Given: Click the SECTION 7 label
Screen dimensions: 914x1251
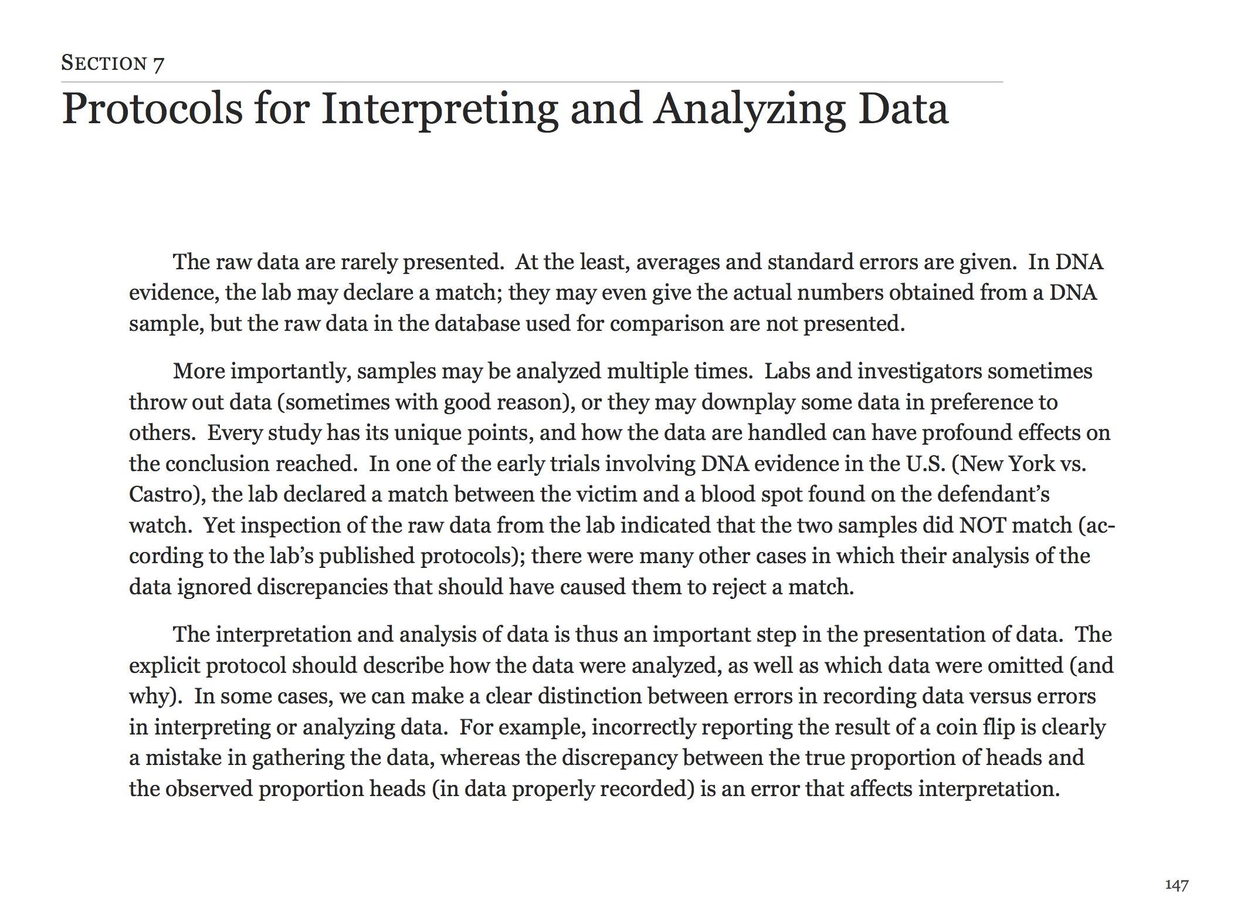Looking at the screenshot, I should point(113,63).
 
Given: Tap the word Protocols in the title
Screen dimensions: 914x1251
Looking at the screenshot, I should point(152,109).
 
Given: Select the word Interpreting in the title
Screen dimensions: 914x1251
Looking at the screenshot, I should point(439,109).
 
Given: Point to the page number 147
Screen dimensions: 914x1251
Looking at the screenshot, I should point(1176,885).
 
